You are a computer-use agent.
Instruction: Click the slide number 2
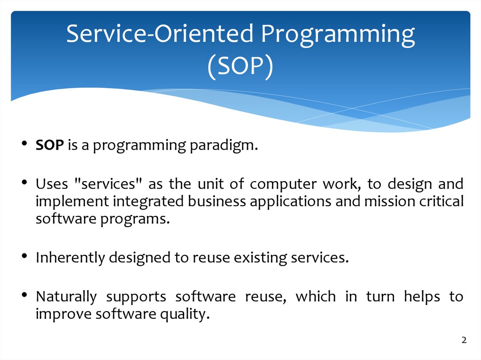pyautogui.click(x=464, y=340)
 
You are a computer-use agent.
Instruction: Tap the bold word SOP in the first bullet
pyautogui.click(x=50, y=145)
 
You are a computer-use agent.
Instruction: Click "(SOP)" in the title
pyautogui.click(x=240, y=67)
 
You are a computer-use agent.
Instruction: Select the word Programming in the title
pyautogui.click(x=338, y=35)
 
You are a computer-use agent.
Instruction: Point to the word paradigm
pyautogui.click(x=224, y=146)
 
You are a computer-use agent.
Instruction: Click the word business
pyautogui.click(x=217, y=201)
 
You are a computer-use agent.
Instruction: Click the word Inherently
pyautogui.click(x=70, y=258)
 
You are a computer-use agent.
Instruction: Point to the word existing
pyautogui.click(x=260, y=258)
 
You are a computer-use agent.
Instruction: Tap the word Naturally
pyautogui.click(x=66, y=297)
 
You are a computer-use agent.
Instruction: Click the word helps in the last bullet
pyautogui.click(x=422, y=297)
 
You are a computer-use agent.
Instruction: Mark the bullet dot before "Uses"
pyautogui.click(x=24, y=183)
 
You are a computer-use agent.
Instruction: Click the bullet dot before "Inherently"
pyautogui.click(x=24, y=256)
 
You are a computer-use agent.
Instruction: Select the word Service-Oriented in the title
pyautogui.click(x=160, y=33)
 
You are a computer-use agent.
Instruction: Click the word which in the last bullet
pyautogui.click(x=316, y=296)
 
